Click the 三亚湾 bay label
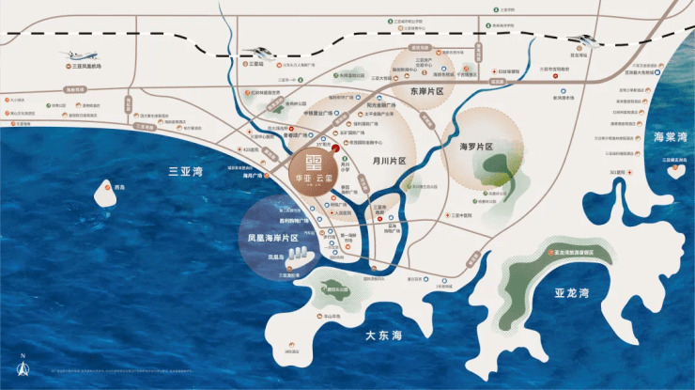pyautogui.click(x=185, y=172)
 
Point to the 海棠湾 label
pyautogui.click(x=670, y=137)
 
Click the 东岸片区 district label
pyautogui.click(x=432, y=91)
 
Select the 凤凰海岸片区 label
pyautogui.click(x=266, y=239)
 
